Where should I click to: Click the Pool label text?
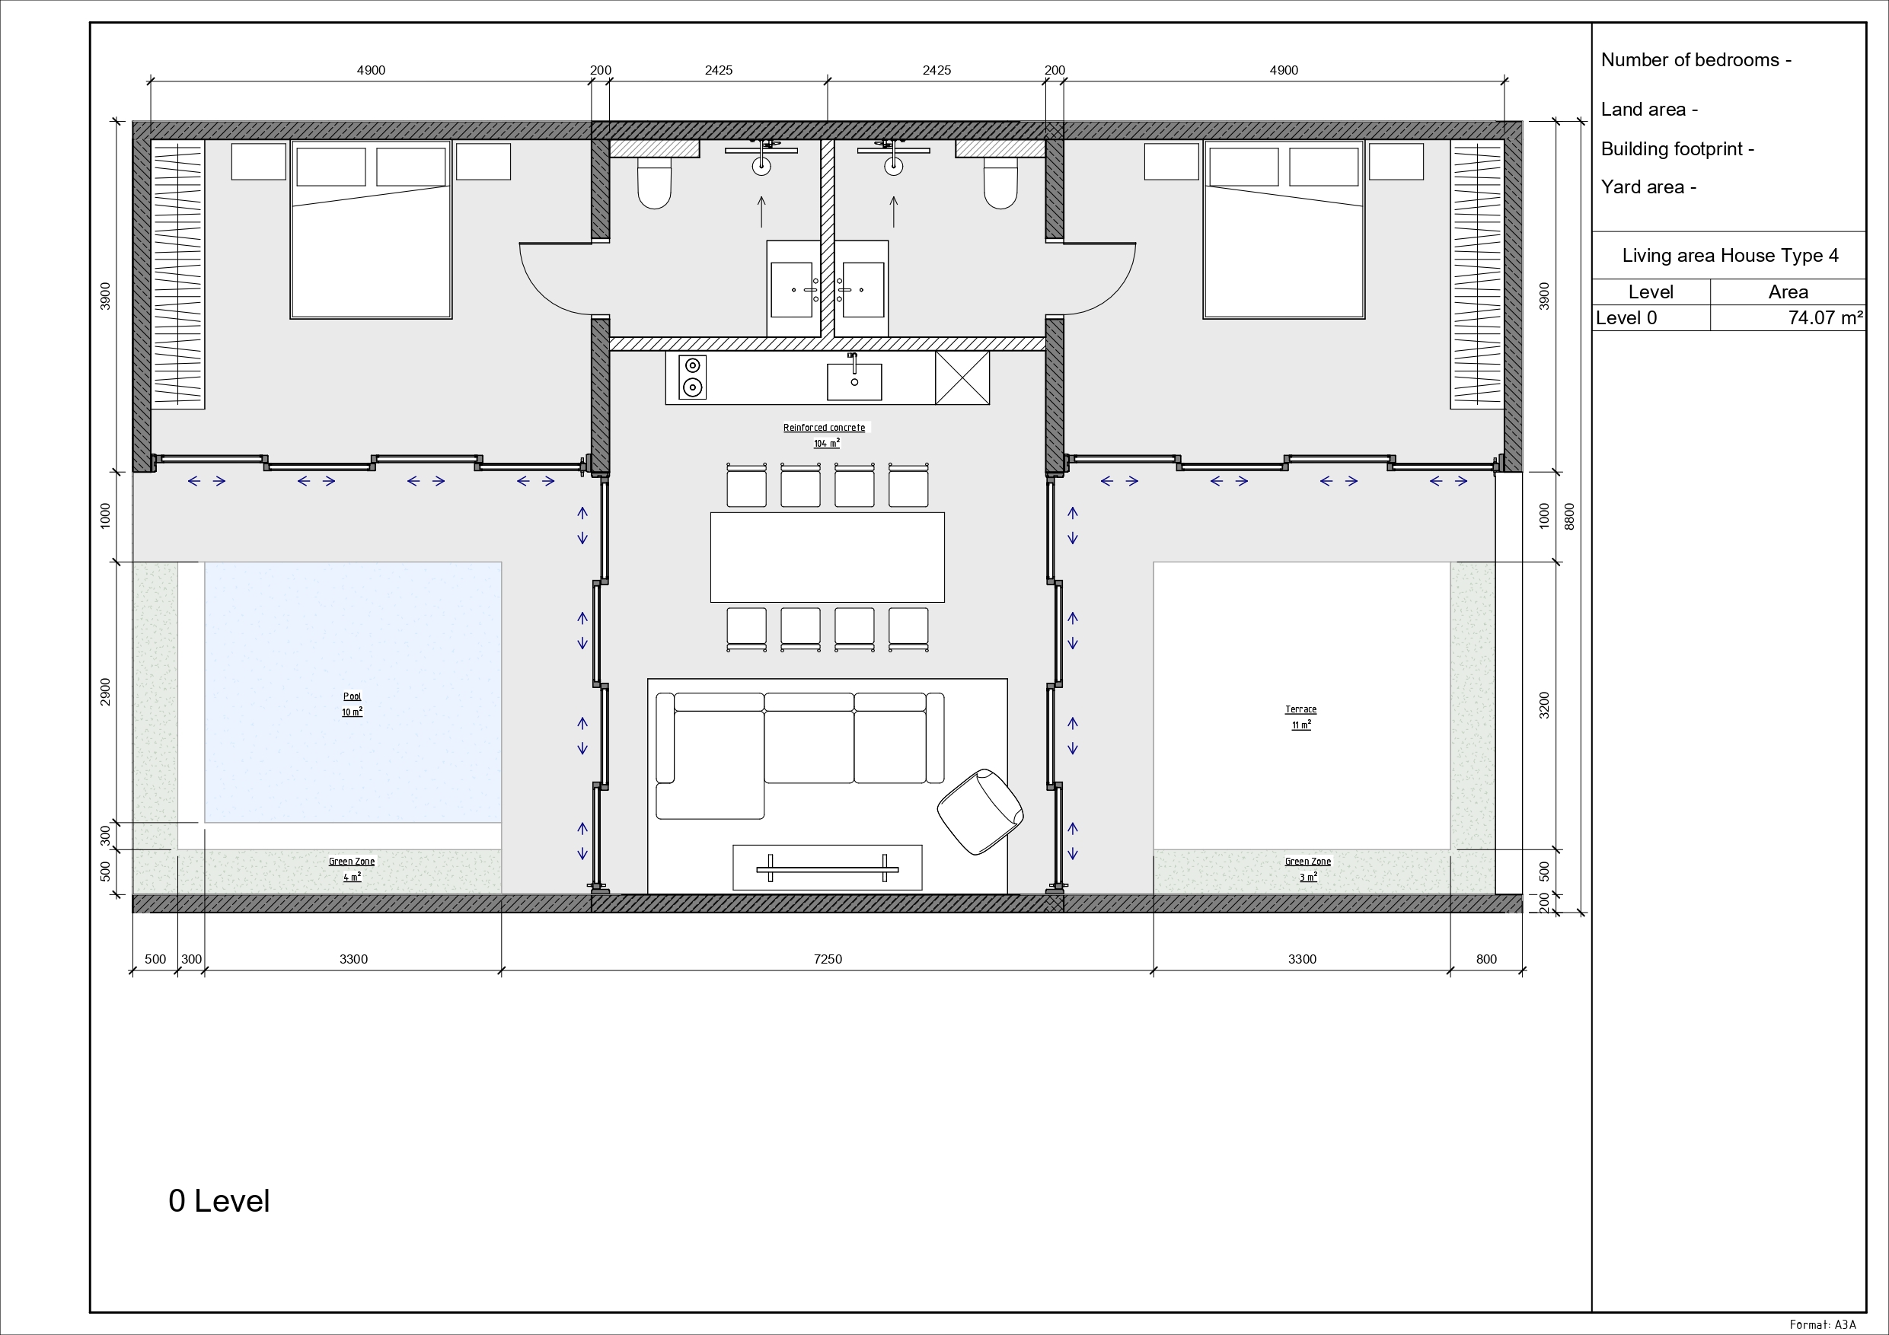pyautogui.click(x=352, y=696)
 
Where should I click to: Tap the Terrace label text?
pyautogui.click(x=1300, y=709)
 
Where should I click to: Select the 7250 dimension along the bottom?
pyautogui.click(x=828, y=959)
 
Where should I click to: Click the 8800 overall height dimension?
pyautogui.click(x=1569, y=517)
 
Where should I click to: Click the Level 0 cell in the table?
pyautogui.click(x=1626, y=317)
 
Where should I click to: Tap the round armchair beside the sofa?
pyautogui.click(x=980, y=812)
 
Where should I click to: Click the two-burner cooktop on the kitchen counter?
pyautogui.click(x=693, y=377)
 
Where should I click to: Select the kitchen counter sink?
pyautogui.click(x=854, y=380)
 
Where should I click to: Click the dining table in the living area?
pyautogui.click(x=827, y=557)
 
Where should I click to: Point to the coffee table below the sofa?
pyautogui.click(x=827, y=867)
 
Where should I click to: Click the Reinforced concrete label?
pyautogui.click(x=824, y=428)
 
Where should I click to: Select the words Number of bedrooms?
pyautogui.click(x=1690, y=60)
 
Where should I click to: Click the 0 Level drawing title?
pyautogui.click(x=219, y=1201)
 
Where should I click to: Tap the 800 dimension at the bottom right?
pyautogui.click(x=1487, y=959)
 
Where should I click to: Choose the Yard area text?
pyautogui.click(x=1643, y=187)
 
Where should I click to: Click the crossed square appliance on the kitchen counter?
pyautogui.click(x=962, y=378)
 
